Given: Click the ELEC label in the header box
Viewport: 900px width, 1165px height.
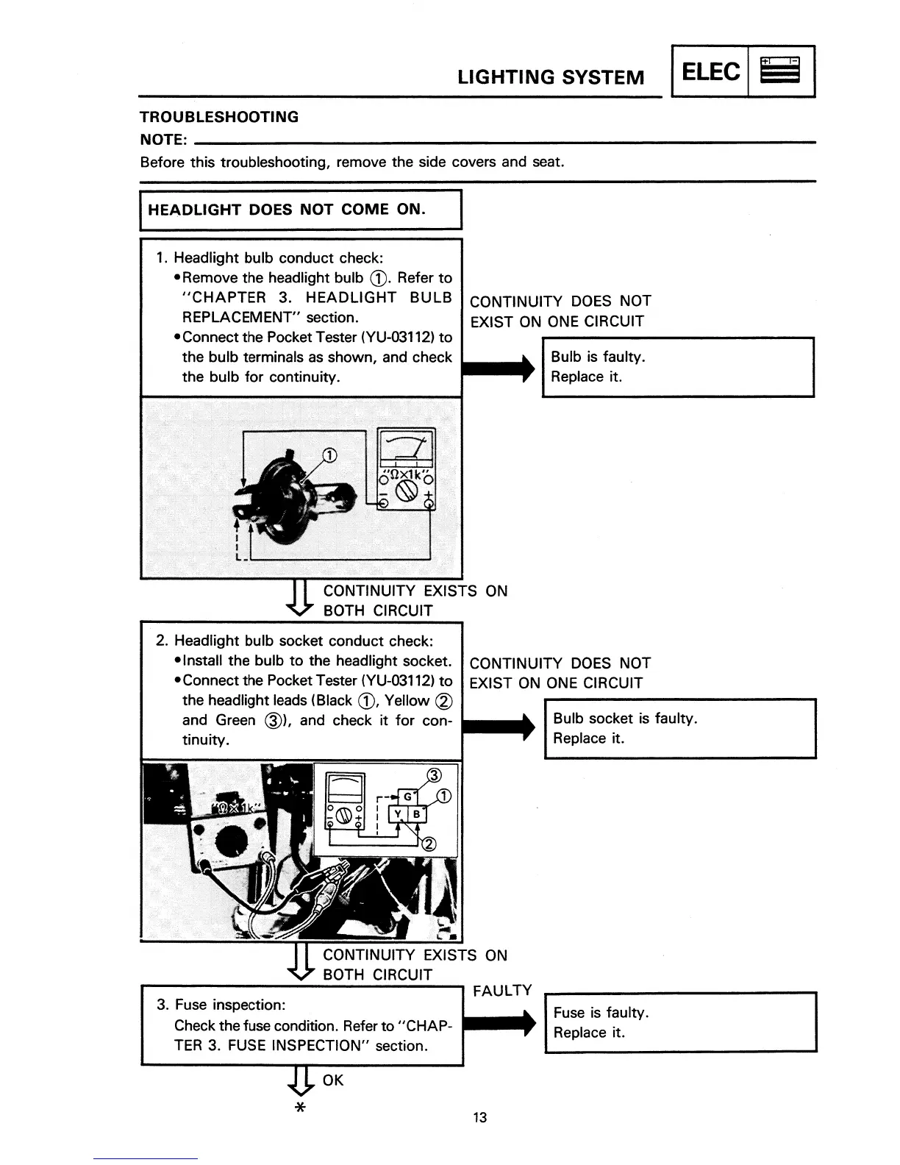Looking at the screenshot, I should [710, 72].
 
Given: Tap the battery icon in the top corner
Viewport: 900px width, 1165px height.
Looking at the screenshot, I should [780, 72].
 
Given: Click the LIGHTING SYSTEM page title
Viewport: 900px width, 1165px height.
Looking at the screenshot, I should [551, 77].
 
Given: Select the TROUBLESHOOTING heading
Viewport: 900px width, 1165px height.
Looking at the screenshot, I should [219, 117].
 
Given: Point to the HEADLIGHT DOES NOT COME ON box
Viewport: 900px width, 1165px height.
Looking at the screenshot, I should [300, 210].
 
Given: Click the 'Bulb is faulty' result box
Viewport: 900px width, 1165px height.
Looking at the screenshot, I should [678, 367].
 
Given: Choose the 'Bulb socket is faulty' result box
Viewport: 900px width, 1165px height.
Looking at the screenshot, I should [680, 728].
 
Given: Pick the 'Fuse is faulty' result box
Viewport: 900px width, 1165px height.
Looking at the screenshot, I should [680, 1022].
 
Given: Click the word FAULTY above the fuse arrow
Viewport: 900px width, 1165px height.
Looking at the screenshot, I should [502, 991].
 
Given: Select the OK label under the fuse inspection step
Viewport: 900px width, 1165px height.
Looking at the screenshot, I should [333, 1080].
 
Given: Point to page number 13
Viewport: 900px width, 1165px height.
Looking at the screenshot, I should [479, 1118].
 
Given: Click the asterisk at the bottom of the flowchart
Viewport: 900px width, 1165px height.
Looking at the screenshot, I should [299, 1108].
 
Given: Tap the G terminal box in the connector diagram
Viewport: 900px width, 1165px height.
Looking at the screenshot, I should [407, 796].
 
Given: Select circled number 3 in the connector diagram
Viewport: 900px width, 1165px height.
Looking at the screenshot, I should [434, 775].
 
